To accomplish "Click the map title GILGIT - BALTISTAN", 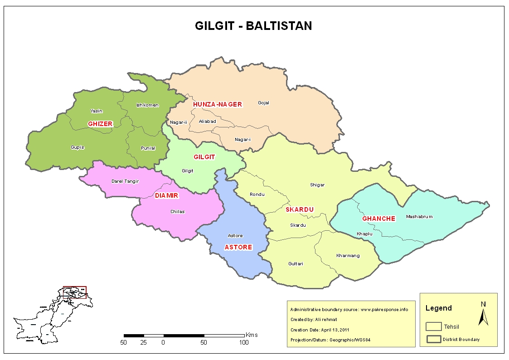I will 253,26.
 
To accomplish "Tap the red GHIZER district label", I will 100,124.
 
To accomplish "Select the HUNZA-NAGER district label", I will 218,104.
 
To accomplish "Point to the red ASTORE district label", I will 238,247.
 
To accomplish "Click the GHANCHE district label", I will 378,219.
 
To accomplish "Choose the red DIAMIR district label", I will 166,196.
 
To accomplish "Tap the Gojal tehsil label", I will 263,103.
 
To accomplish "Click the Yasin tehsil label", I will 96,111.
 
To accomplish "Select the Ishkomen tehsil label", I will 147,105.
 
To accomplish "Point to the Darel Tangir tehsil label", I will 125,181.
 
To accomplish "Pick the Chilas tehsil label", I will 177,212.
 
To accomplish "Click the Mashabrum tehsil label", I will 419,217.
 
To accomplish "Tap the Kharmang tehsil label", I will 348,256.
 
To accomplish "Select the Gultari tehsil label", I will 296,264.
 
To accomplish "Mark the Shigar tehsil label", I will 317,185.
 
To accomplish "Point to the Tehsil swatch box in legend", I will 434,326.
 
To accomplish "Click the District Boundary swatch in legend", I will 434,339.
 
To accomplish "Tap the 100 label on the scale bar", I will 244,342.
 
